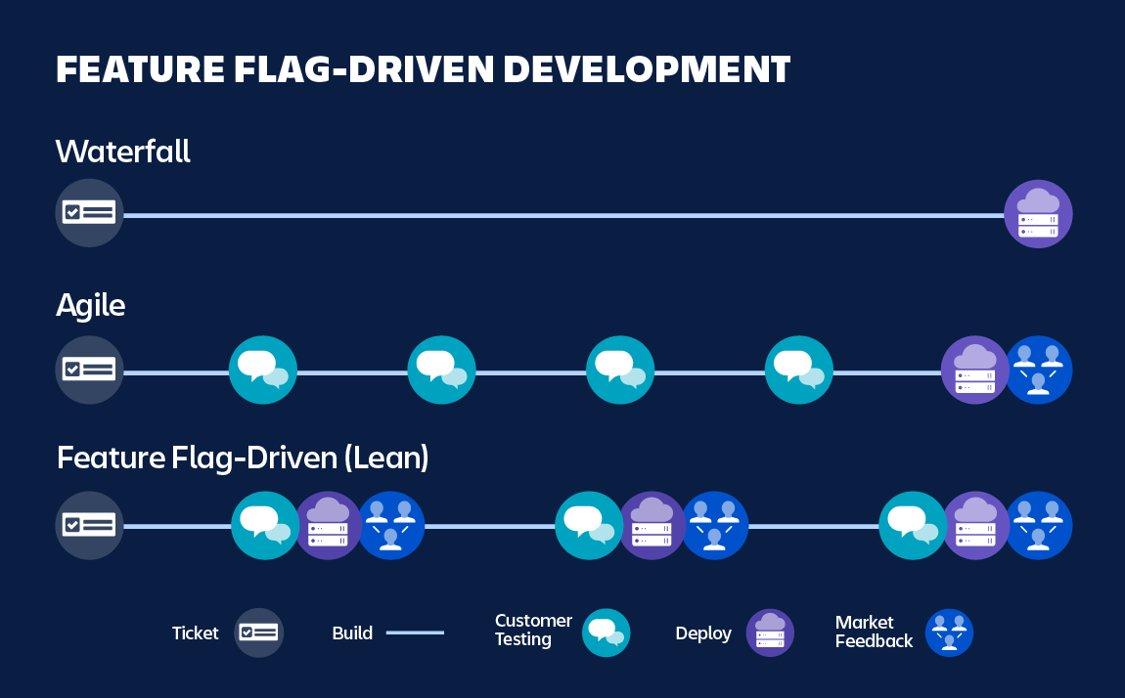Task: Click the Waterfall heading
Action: click(x=122, y=152)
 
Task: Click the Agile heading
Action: click(x=90, y=306)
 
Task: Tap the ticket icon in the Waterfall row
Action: click(x=89, y=213)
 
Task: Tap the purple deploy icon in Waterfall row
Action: click(x=1038, y=213)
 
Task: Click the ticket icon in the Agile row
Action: click(x=89, y=370)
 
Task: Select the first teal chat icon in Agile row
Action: click(x=263, y=370)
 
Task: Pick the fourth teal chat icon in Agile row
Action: click(x=799, y=370)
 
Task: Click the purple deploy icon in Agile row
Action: click(x=974, y=370)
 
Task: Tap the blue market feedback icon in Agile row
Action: click(x=1039, y=370)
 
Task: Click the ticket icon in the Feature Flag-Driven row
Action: click(x=89, y=526)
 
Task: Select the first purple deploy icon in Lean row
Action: click(x=328, y=526)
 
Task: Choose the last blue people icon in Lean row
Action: click(x=1039, y=526)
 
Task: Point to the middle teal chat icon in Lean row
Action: click(x=588, y=526)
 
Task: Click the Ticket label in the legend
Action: click(x=196, y=633)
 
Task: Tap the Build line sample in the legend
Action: click(x=415, y=633)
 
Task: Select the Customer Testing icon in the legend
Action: click(x=606, y=633)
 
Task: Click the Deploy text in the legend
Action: click(x=703, y=633)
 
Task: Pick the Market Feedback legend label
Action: click(x=874, y=633)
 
